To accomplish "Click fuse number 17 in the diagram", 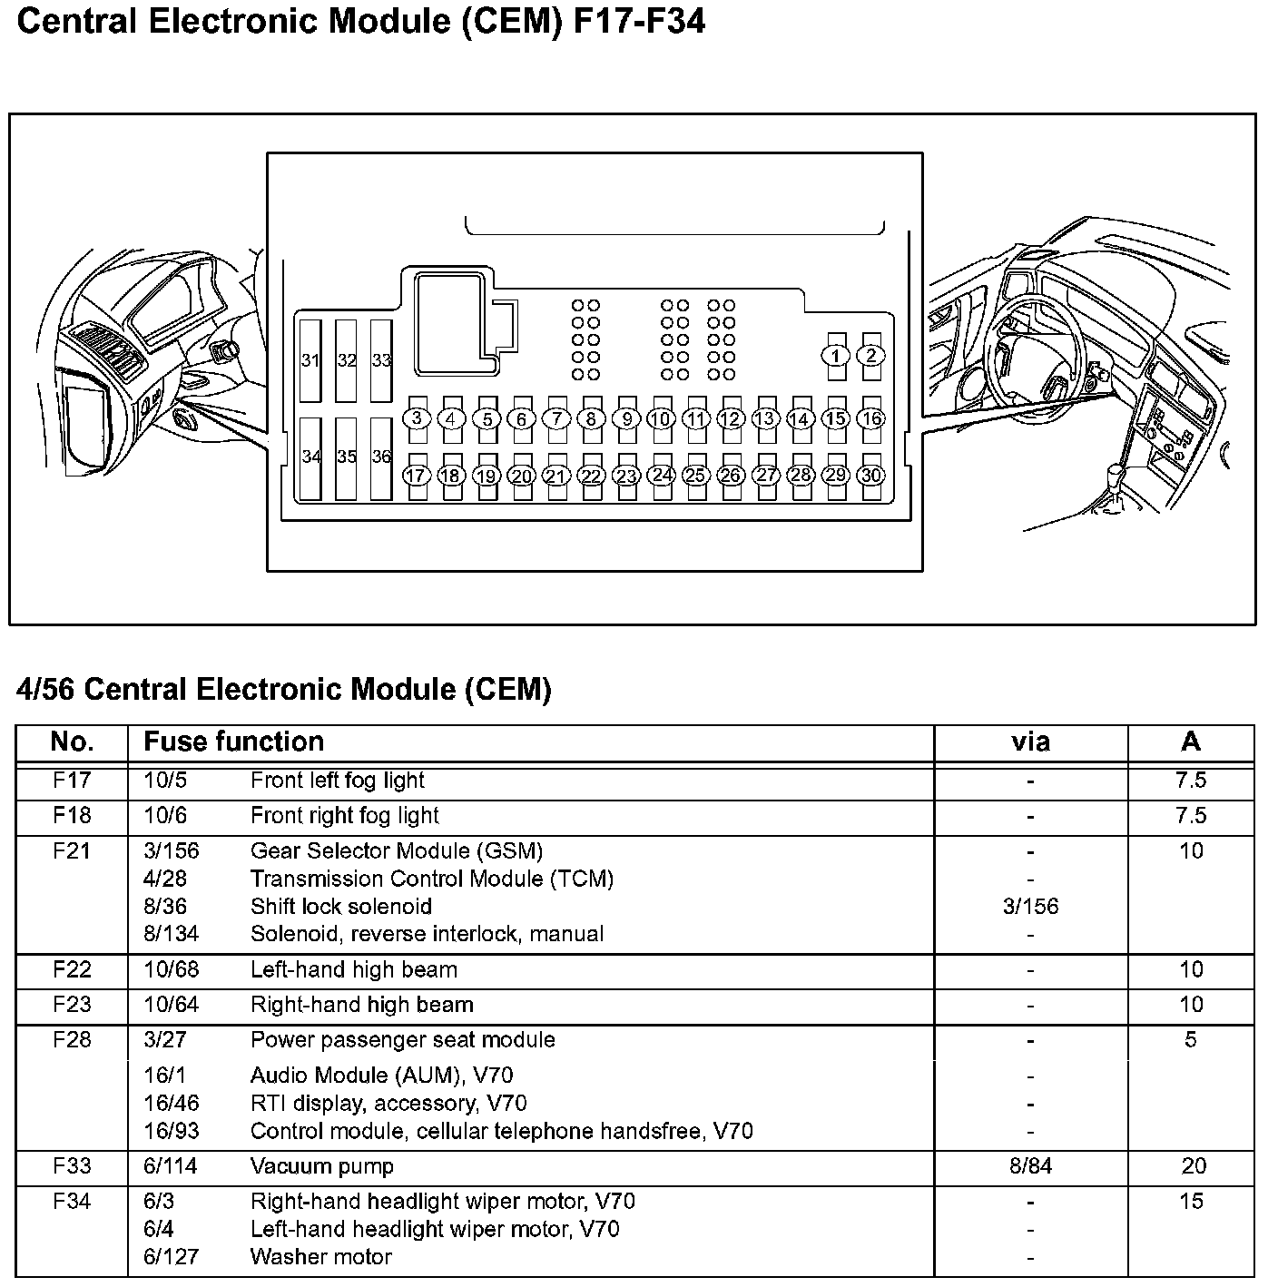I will click(x=416, y=476).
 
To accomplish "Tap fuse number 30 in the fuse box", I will click(x=871, y=476).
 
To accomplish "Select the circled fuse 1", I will click(x=836, y=356).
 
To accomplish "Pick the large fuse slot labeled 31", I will click(x=310, y=360).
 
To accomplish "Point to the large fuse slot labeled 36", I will click(x=381, y=457).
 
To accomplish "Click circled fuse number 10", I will click(x=661, y=418).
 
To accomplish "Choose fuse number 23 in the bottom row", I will click(x=626, y=476).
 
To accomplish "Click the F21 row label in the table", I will click(x=72, y=851).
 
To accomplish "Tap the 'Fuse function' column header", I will click(x=233, y=742).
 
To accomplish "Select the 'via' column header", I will click(x=1030, y=742).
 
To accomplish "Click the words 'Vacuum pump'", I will click(x=321, y=1166).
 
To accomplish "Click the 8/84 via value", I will click(x=1030, y=1166).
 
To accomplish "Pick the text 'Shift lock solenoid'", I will click(x=340, y=907).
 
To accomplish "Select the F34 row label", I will click(x=72, y=1202).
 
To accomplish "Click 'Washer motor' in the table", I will click(x=320, y=1257).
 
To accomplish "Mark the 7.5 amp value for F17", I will click(x=1191, y=781).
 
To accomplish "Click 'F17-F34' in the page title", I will click(x=639, y=22).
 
